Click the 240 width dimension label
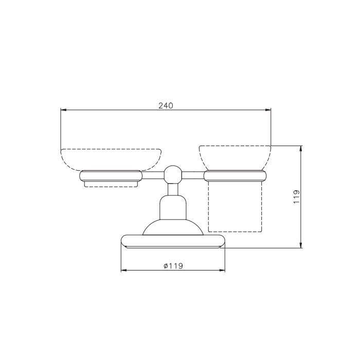tap(165, 105)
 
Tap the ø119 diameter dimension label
tap(173, 266)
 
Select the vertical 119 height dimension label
tap(296, 196)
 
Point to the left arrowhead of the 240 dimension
tap(63, 110)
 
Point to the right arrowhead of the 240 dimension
tap(268, 110)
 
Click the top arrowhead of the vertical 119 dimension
tap(301, 149)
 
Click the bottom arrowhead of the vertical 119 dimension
tap(301, 245)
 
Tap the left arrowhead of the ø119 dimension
tap(124, 271)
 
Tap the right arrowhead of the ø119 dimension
tap(222, 271)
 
